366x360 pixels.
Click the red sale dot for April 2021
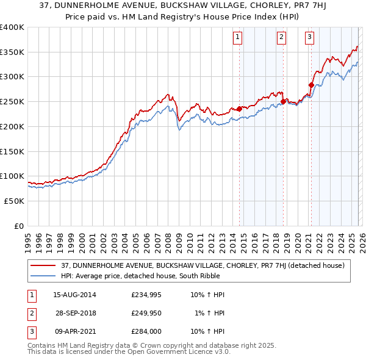pyautogui.click(x=311, y=85)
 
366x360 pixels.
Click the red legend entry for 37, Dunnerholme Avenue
pyautogui.click(x=203, y=265)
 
